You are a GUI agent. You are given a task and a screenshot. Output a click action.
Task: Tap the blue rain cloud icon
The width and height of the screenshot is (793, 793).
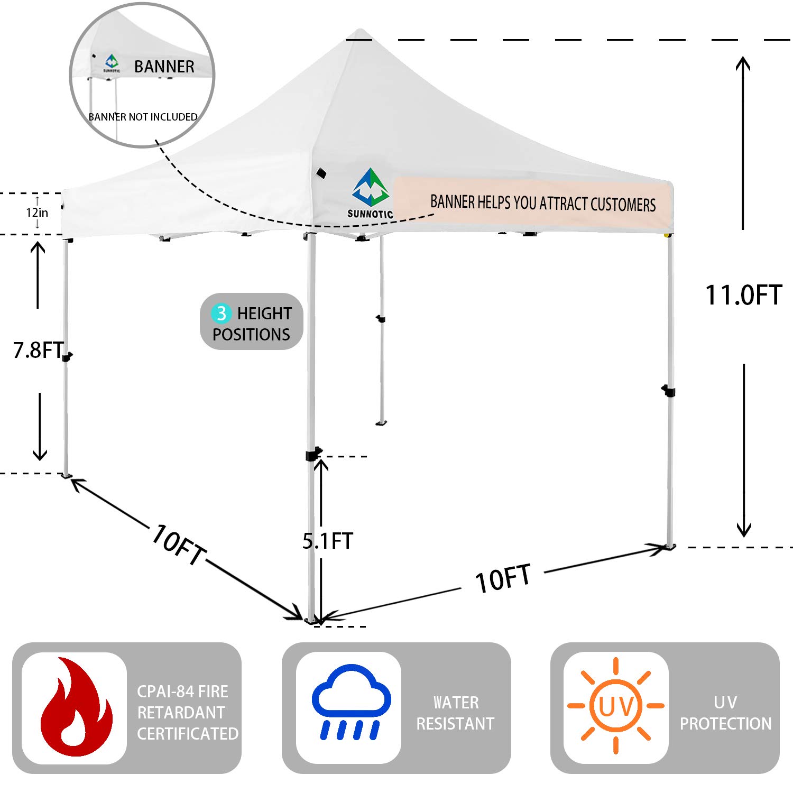(351, 701)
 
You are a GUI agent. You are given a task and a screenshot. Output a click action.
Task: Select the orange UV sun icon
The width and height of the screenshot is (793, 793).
(616, 705)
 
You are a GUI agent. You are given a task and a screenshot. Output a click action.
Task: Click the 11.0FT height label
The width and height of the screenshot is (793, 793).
(743, 295)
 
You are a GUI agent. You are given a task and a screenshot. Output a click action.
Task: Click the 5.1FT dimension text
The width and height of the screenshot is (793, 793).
(327, 541)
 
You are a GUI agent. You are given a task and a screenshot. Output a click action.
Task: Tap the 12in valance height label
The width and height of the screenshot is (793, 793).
(37, 213)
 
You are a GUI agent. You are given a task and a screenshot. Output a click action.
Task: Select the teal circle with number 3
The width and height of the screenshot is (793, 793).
(221, 313)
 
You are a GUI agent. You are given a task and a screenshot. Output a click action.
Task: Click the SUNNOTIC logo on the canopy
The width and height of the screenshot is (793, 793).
(371, 193)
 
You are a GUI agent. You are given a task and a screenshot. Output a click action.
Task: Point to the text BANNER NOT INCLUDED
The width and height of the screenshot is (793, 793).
(143, 117)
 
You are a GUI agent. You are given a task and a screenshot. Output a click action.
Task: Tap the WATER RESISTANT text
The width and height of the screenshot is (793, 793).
(455, 713)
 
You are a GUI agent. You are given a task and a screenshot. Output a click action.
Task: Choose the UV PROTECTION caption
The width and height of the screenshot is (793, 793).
(725, 713)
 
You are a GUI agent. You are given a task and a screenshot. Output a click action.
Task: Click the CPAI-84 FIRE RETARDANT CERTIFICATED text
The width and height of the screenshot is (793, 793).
(187, 712)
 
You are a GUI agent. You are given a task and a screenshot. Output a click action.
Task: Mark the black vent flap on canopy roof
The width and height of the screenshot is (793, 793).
(321, 173)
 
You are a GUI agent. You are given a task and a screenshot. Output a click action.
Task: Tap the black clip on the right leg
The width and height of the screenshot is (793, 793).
(669, 391)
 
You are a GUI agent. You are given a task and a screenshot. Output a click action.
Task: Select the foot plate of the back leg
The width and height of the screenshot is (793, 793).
(381, 423)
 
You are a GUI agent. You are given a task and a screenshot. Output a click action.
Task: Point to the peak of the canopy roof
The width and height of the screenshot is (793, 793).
(360, 31)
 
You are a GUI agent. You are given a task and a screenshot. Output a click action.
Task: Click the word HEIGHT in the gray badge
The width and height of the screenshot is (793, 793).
(264, 313)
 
